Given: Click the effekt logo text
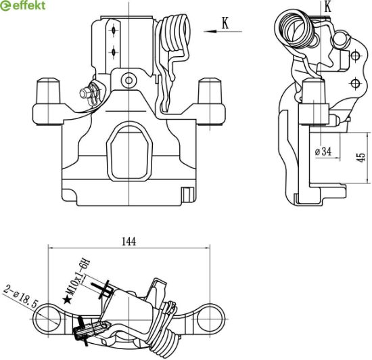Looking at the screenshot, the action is (x=29, y=5).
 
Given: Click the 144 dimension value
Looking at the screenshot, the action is (x=129, y=242).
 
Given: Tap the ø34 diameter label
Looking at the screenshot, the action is (x=323, y=152).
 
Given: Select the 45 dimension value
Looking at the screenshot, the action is (x=361, y=158).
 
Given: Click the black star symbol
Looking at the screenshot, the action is (x=68, y=300).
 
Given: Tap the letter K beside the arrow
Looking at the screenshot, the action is (x=225, y=23).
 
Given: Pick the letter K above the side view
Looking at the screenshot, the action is (x=327, y=7).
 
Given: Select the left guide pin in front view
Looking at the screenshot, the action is (x=48, y=91).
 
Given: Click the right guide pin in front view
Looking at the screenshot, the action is (x=210, y=91).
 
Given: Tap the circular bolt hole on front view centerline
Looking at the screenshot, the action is (x=129, y=81).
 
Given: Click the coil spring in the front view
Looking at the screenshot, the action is (x=175, y=32).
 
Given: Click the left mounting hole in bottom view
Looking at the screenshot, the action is (x=48, y=319).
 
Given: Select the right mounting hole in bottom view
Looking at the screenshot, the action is (x=210, y=319).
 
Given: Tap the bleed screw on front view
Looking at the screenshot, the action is (x=89, y=93).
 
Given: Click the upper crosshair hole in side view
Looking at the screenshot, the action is (x=355, y=56).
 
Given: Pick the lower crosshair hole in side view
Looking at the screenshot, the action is (x=355, y=83).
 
